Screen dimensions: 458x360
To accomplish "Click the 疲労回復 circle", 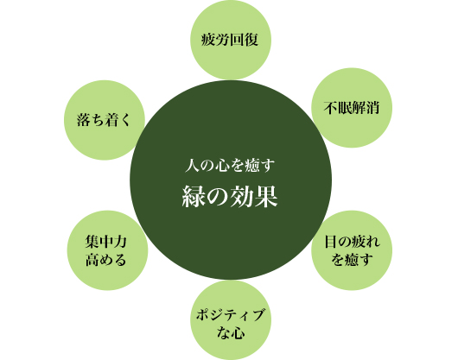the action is click(x=231, y=40).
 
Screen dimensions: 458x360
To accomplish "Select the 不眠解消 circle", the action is click(x=352, y=108).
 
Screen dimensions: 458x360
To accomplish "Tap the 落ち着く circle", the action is click(x=105, y=120).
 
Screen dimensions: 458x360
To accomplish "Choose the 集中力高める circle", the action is click(x=107, y=250).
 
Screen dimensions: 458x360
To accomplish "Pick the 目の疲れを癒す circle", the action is click(x=352, y=250).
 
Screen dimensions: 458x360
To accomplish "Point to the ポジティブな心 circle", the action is click(x=231, y=320).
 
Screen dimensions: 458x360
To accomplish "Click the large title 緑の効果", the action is click(x=230, y=197).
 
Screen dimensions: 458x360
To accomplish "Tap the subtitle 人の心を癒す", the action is click(x=230, y=166).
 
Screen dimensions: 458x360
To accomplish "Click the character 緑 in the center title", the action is click(x=194, y=197).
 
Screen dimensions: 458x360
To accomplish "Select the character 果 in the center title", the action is click(x=266, y=197).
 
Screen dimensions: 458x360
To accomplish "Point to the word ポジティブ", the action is click(x=231, y=315).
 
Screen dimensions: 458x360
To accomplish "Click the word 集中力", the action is click(x=106, y=242).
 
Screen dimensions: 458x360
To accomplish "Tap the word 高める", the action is click(x=106, y=259).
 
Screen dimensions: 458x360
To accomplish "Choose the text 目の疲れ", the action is click(x=353, y=242).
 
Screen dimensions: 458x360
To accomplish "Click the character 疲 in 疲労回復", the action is click(x=208, y=40).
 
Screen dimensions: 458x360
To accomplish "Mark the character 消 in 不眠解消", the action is click(x=372, y=108).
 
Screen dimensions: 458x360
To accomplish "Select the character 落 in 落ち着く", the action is click(x=84, y=120).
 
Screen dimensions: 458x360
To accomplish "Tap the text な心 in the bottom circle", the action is click(x=231, y=332).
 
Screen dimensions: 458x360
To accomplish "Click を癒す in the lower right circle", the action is click(x=353, y=259).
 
